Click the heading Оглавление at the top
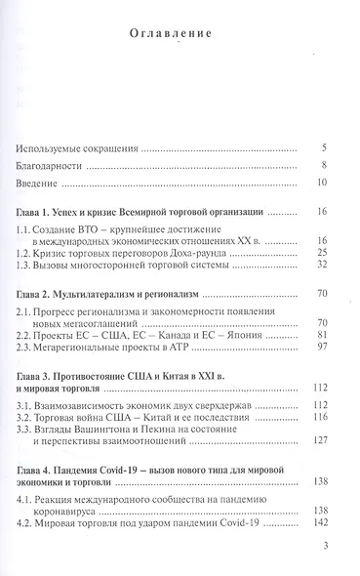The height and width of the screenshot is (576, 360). pyautogui.click(x=180, y=36)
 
